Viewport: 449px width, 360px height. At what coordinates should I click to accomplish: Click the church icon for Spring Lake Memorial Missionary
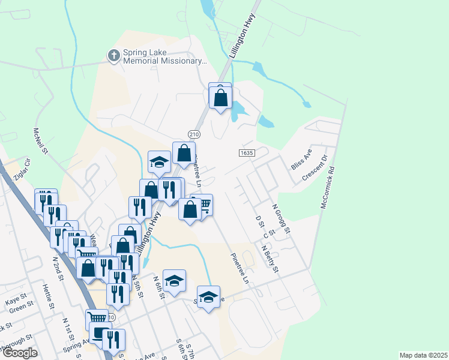(x=113, y=56)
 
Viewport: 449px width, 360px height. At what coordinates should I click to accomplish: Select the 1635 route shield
(x=246, y=153)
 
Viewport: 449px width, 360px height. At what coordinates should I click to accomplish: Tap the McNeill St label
(x=40, y=141)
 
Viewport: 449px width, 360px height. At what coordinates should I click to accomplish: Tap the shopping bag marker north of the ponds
(x=221, y=96)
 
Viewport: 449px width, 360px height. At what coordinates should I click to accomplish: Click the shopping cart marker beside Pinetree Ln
(x=204, y=206)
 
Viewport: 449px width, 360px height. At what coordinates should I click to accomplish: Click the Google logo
(x=20, y=353)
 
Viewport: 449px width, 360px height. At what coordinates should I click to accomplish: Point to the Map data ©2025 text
(x=423, y=355)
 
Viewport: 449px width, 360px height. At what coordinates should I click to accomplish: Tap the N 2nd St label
(x=58, y=266)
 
